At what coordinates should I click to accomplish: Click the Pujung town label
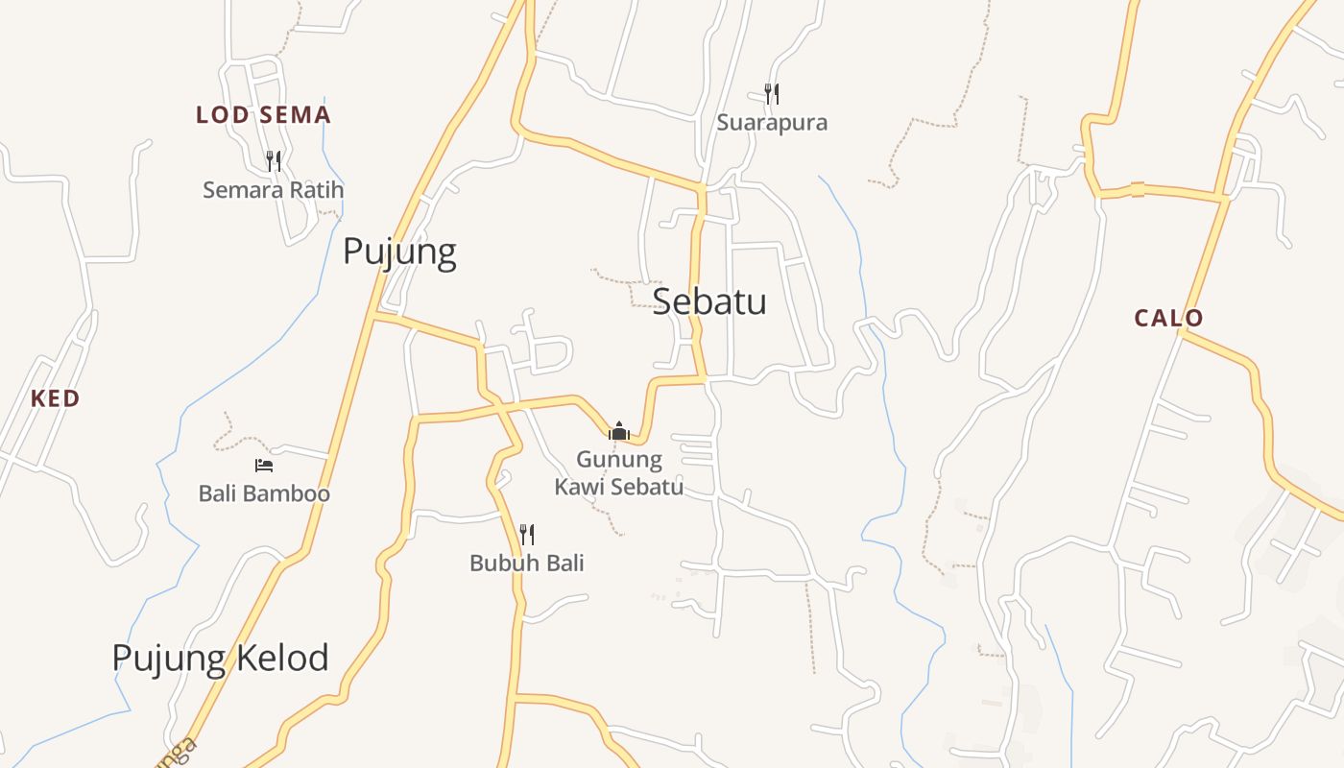[x=399, y=252]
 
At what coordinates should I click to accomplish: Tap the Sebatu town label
[x=709, y=301]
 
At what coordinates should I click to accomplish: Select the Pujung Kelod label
[x=220, y=659]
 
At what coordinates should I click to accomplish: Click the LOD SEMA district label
[x=263, y=115]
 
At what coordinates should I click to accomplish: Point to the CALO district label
[x=1168, y=318]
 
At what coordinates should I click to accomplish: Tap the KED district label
[x=55, y=398]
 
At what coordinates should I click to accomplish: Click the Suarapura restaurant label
[x=772, y=123]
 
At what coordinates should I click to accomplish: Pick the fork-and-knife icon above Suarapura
[x=772, y=93]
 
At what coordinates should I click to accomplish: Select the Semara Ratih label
[x=273, y=190]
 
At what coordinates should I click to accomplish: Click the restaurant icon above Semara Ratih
[x=274, y=160]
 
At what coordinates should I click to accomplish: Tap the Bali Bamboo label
[x=264, y=493]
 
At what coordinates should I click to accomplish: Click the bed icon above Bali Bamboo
[x=264, y=466]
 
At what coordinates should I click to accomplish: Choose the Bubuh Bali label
[x=527, y=563]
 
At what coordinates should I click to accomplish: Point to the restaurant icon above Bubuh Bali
[x=527, y=534]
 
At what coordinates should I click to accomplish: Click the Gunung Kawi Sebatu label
[x=619, y=472]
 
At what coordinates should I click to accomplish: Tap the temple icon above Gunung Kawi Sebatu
[x=619, y=431]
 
